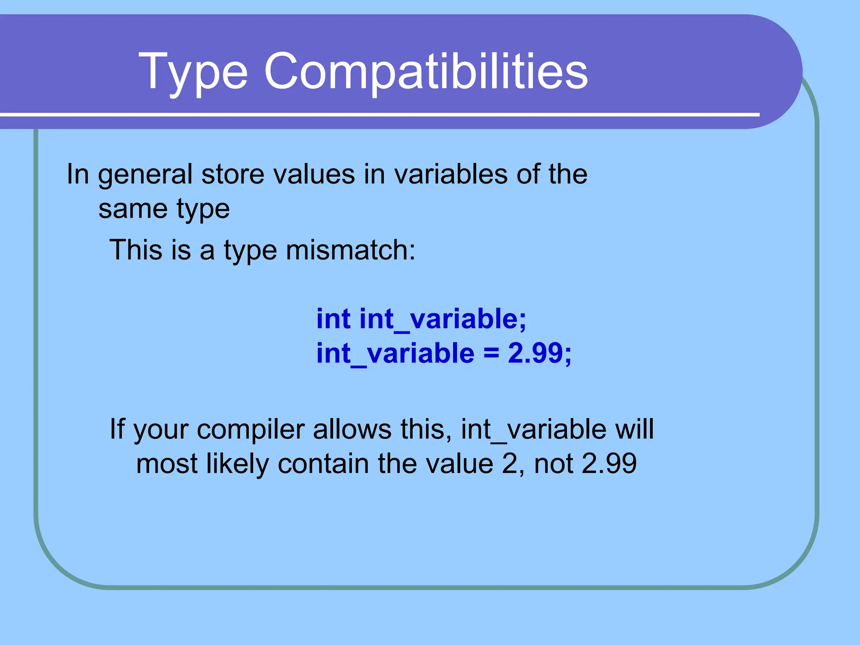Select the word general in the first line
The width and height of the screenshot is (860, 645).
click(x=145, y=175)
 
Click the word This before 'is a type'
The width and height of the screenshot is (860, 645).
click(x=136, y=250)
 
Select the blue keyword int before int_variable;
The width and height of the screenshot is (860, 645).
click(x=333, y=319)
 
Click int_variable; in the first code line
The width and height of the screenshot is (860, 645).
click(x=443, y=320)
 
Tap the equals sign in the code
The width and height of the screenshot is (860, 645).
click(x=491, y=354)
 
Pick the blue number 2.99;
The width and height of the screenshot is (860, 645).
click(x=539, y=353)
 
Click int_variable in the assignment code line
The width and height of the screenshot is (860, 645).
click(x=395, y=354)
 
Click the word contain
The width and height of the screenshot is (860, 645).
click(x=323, y=464)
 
